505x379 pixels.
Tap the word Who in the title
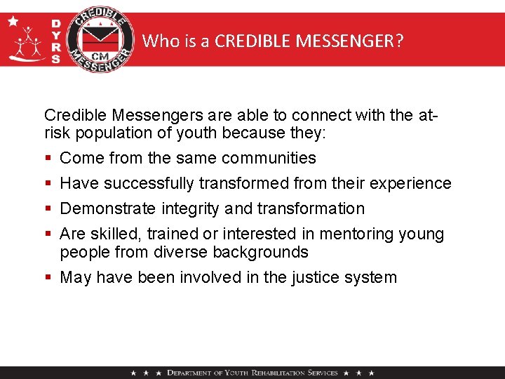tap(159, 41)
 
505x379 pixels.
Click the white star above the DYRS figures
tap(13, 21)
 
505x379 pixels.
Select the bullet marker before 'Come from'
tap(48, 159)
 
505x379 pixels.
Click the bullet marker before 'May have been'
tap(48, 278)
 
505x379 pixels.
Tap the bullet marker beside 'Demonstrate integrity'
tap(48, 209)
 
